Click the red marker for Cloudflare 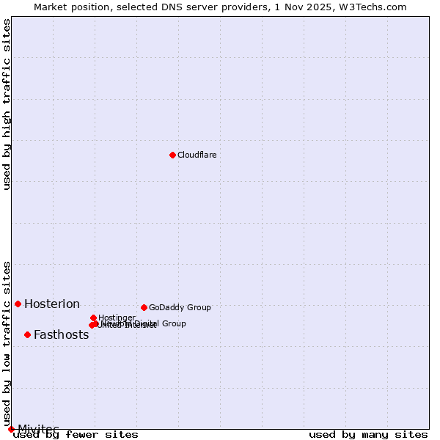172,155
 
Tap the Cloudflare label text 197,155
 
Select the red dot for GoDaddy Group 144,307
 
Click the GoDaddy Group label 180,307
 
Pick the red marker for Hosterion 18,304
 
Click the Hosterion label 52,304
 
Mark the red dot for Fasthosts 27,334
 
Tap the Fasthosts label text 61,335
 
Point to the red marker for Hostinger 93,318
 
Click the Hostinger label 117,318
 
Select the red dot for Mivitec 11,429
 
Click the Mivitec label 38,429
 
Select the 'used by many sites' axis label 368,435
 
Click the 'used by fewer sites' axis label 76,435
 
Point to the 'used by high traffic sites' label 7,104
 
